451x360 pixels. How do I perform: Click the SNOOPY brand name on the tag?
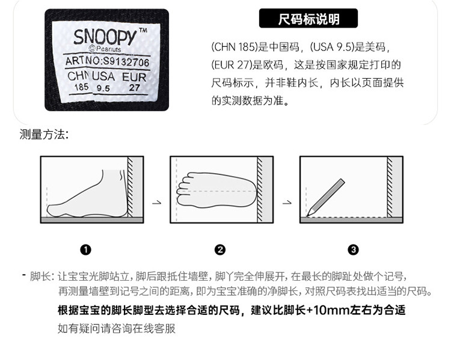(x=106, y=37)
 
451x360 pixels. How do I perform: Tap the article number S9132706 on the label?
(x=126, y=62)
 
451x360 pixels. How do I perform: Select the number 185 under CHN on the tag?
(x=81, y=87)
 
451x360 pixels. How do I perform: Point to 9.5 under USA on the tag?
(x=103, y=88)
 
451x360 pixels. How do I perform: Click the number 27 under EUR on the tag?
(x=134, y=87)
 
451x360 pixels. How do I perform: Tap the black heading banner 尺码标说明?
(x=308, y=19)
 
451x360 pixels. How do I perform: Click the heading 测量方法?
(x=44, y=134)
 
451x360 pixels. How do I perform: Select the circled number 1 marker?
(x=86, y=249)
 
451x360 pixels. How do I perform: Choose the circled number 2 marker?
(x=220, y=249)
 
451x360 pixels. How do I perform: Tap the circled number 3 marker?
(x=353, y=249)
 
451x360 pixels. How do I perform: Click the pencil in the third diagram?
(x=325, y=197)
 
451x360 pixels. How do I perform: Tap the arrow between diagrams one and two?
(x=157, y=203)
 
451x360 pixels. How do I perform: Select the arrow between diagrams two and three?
(x=287, y=203)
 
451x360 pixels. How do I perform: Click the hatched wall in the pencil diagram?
(x=390, y=187)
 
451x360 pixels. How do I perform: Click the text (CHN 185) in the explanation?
(x=234, y=47)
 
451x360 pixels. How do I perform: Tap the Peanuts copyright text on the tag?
(x=105, y=49)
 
